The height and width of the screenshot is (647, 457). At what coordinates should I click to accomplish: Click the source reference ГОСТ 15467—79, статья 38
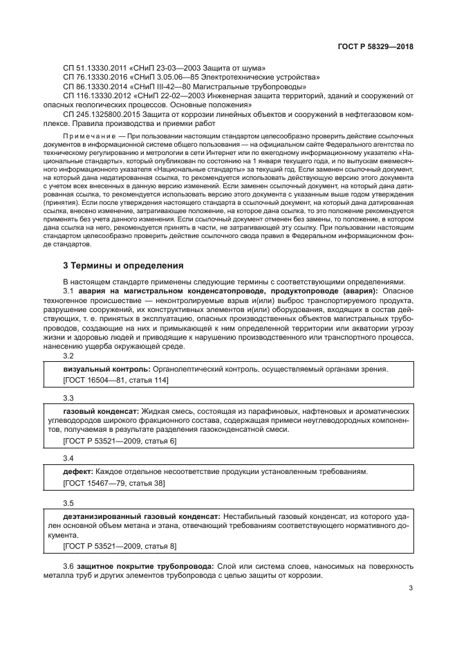[113, 482]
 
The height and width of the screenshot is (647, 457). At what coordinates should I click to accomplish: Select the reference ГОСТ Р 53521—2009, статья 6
[120, 441]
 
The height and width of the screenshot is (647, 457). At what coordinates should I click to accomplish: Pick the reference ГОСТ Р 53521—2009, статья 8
[120, 546]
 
